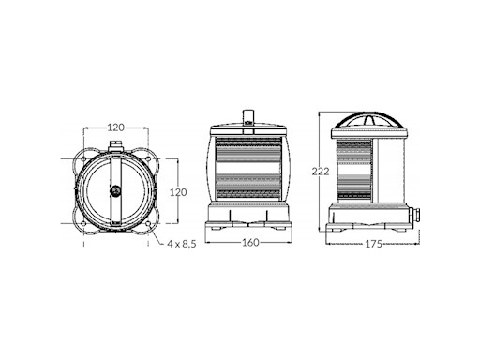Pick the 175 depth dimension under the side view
pos(372,244)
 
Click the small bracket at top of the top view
pos(115,147)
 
